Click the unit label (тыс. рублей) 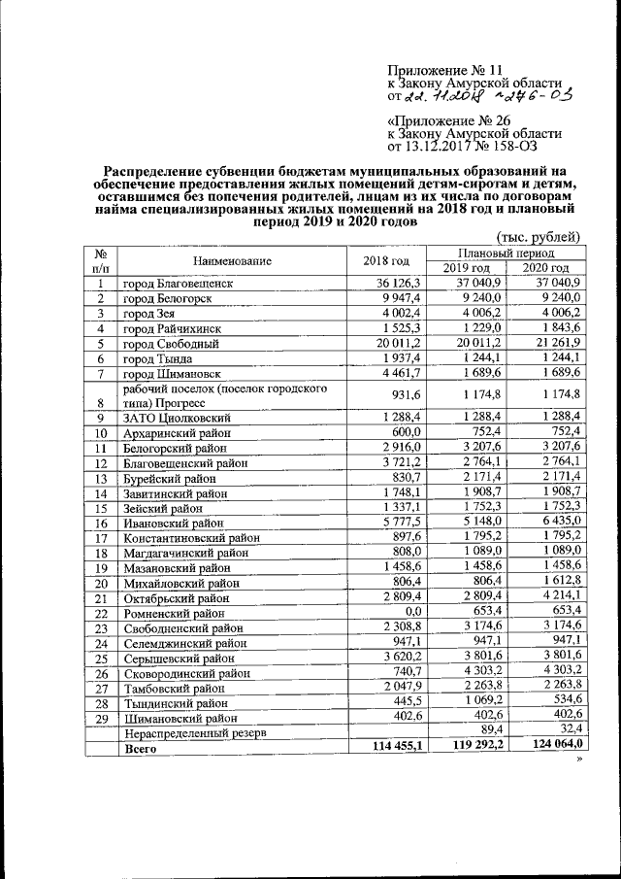538,237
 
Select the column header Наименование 232,260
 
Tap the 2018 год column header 387,260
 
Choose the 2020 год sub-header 545,268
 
